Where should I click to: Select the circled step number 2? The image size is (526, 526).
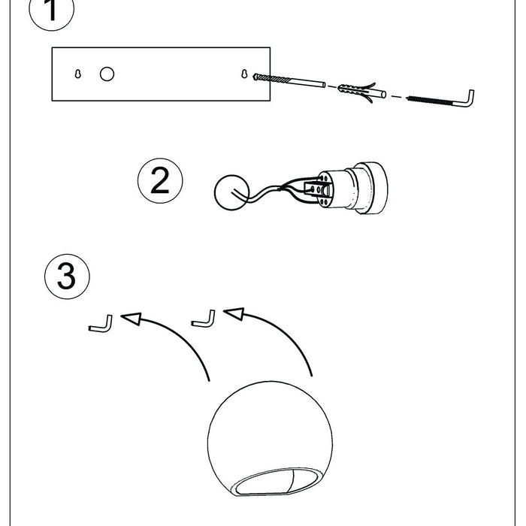pyautogui.click(x=160, y=181)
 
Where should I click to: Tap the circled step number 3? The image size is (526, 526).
pyautogui.click(x=67, y=277)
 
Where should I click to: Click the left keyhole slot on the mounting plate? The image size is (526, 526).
pyautogui.click(x=78, y=74)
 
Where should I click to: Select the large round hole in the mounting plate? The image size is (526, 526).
pyautogui.click(x=107, y=74)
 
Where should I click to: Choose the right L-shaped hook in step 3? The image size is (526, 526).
pyautogui.click(x=204, y=319)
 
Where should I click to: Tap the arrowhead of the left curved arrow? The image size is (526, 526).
pyautogui.click(x=132, y=319)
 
